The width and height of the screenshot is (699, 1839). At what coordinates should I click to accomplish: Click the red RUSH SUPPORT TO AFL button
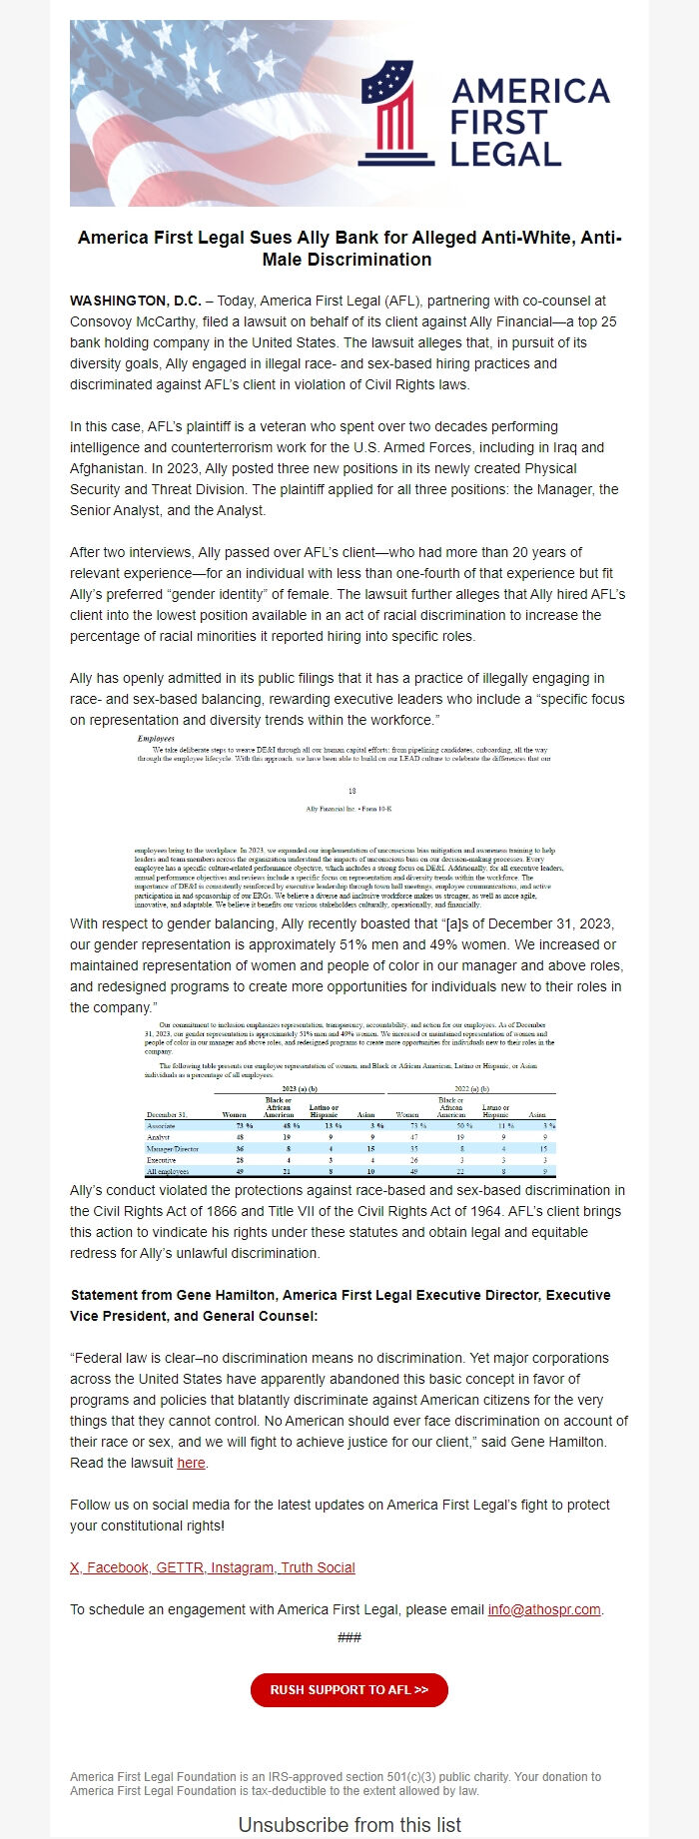tap(349, 1689)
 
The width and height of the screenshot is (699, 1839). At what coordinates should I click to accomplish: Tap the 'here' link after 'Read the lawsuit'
tap(191, 1463)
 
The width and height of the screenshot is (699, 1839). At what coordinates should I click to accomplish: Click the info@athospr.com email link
tap(544, 1609)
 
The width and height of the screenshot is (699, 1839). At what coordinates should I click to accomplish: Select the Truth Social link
tap(318, 1567)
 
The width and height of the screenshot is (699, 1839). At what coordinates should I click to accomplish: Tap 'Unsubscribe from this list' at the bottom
tap(349, 1825)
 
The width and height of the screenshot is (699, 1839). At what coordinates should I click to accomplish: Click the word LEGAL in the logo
tap(505, 154)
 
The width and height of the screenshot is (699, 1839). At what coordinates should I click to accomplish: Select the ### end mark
tap(349, 1637)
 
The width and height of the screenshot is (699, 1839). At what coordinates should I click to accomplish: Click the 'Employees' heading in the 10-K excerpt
tap(156, 739)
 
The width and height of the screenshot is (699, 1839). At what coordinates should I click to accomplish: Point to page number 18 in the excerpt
tap(351, 791)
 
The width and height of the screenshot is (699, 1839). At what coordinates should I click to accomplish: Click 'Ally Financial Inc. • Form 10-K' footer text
tap(349, 809)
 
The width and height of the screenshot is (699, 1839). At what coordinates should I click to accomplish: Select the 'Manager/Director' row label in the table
tap(172, 1149)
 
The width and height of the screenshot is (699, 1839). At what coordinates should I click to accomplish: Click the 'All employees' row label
tap(166, 1172)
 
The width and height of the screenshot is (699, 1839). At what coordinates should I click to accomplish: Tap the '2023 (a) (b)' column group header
tap(299, 1088)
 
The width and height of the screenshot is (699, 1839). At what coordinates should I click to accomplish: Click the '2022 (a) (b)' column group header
tap(470, 1088)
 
